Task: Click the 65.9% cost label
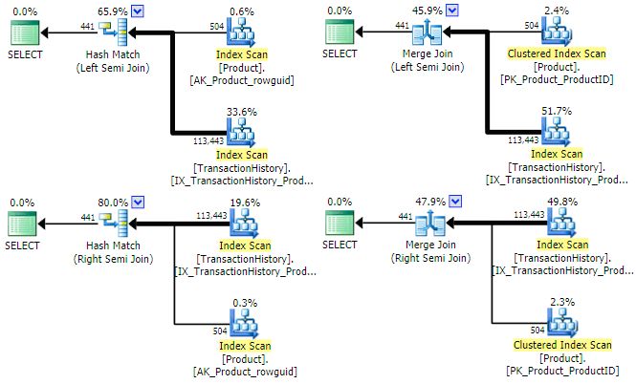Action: point(110,10)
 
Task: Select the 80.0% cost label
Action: point(110,203)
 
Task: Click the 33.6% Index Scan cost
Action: point(243,111)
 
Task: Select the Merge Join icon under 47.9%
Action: point(429,226)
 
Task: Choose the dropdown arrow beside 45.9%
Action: point(452,10)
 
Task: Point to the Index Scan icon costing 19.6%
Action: point(243,226)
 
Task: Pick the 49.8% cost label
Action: point(557,203)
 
